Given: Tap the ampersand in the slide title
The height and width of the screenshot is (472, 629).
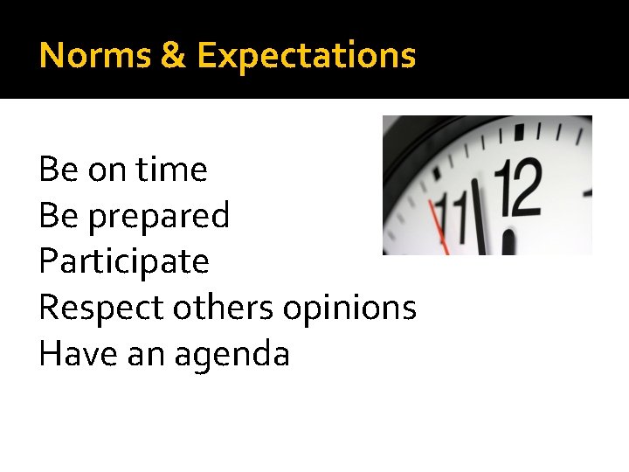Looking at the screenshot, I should pos(173,55).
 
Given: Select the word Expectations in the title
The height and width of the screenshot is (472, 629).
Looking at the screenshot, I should pos(306,55).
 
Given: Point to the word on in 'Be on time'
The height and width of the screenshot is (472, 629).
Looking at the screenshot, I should pos(107,169).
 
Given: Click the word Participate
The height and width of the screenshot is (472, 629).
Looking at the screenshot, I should pos(124,261).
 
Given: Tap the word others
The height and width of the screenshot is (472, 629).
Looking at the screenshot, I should pos(220,308).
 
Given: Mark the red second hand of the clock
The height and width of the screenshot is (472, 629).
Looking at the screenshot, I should pos(439,226).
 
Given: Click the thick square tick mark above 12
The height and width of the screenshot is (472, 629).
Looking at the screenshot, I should pos(519,133).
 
